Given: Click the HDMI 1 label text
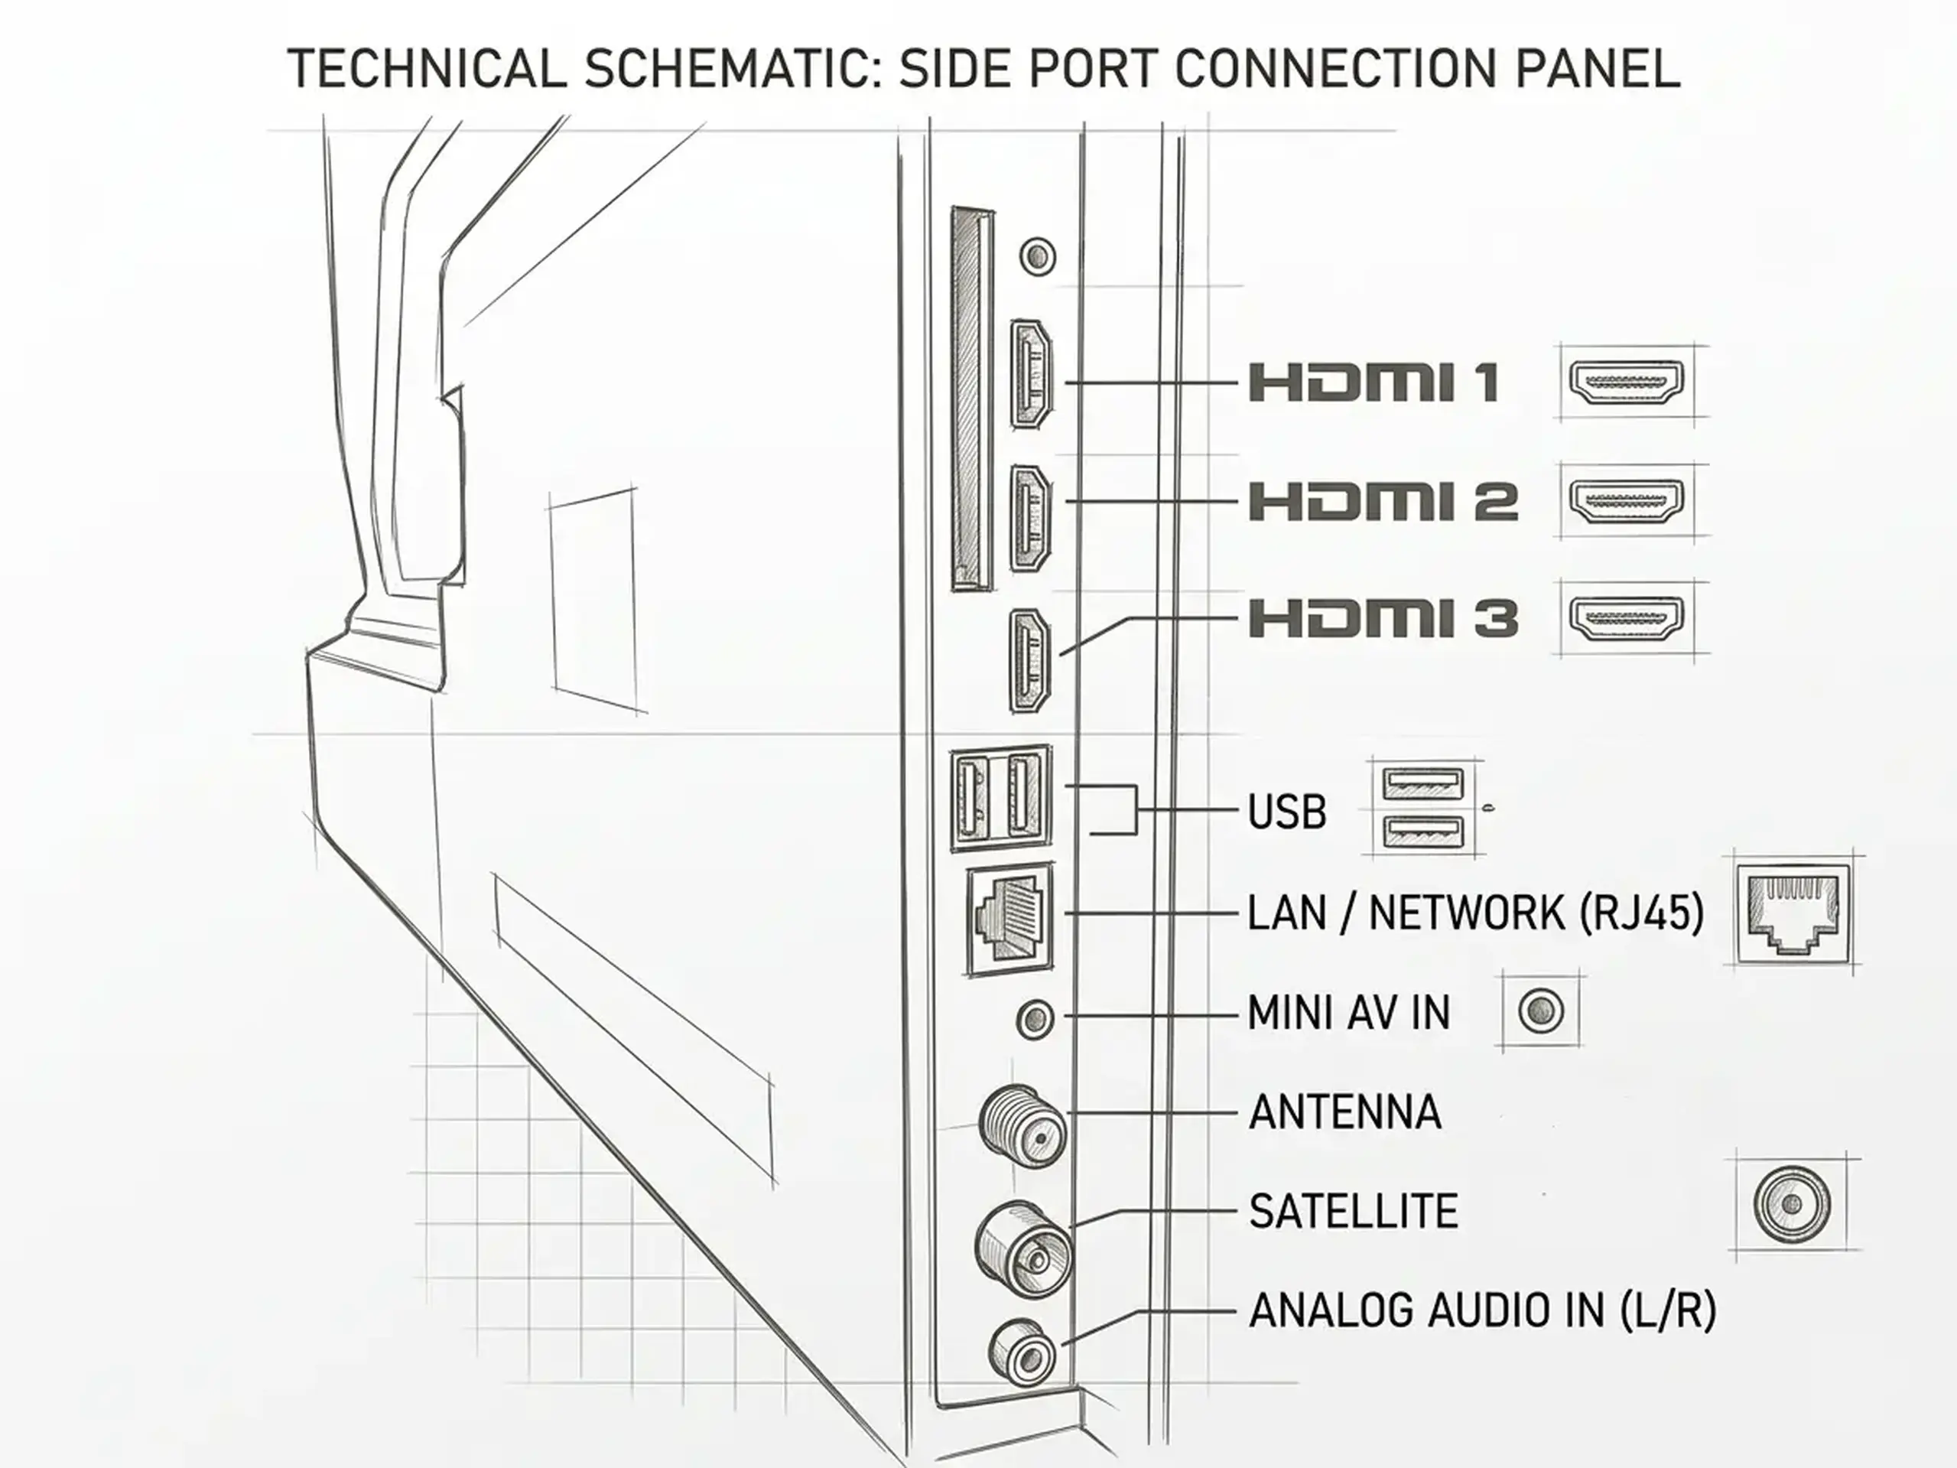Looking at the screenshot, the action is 1373,382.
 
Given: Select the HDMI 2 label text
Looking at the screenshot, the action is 1383,501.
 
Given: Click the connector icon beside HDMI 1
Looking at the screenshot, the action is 1626,382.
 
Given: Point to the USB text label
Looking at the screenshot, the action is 1287,812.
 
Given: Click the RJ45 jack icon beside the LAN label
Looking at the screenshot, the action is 1793,913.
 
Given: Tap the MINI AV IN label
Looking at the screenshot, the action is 1349,1012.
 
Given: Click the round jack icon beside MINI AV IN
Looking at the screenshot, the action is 1541,1011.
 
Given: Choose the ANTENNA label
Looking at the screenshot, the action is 1344,1112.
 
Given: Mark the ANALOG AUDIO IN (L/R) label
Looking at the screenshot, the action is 1483,1310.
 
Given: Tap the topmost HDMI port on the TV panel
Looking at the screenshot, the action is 1032,373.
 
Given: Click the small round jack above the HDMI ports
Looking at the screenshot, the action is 1038,256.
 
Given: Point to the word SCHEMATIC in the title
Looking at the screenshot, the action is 728,68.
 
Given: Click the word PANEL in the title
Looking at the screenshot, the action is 1597,68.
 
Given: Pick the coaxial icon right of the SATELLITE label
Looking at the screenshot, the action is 1793,1204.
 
